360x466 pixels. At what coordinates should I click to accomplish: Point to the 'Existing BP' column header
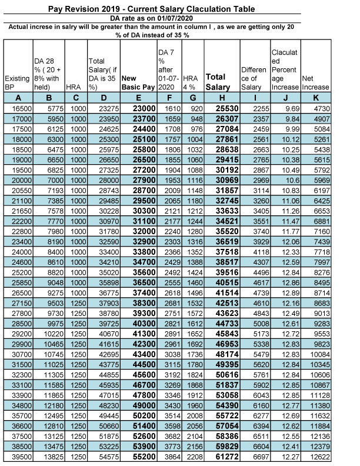16,82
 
